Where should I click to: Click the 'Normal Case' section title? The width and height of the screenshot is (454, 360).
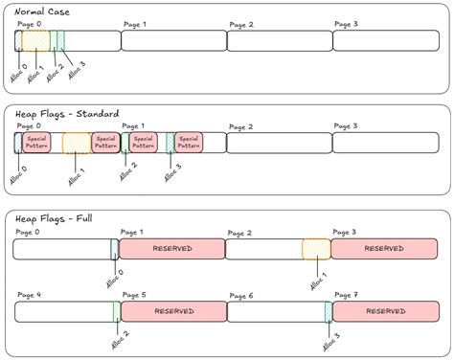pyautogui.click(x=42, y=11)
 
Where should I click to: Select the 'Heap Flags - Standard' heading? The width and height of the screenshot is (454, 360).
pyautogui.click(x=67, y=113)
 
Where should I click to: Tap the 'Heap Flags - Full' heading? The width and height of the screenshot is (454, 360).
pyautogui.click(x=57, y=217)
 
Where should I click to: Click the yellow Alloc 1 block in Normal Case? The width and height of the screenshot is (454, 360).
pyautogui.click(x=35, y=40)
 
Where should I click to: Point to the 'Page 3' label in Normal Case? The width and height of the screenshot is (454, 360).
pyautogui.click(x=346, y=23)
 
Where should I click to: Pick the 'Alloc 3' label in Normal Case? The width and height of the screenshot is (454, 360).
pyautogui.click(x=76, y=70)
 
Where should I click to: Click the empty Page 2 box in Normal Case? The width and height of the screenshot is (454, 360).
pyautogui.click(x=279, y=40)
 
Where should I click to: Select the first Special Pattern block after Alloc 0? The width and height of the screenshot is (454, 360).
pyautogui.click(x=37, y=143)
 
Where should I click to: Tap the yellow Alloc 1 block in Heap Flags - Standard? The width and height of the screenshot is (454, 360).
pyautogui.click(x=77, y=143)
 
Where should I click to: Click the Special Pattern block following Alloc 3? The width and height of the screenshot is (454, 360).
pyautogui.click(x=189, y=143)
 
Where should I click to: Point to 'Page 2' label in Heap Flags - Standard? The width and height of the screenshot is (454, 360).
pyautogui.click(x=240, y=126)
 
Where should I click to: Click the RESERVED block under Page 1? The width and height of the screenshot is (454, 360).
pyautogui.click(x=171, y=249)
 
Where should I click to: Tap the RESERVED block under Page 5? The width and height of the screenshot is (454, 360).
pyautogui.click(x=173, y=312)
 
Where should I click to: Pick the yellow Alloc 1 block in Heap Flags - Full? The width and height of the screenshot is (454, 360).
pyautogui.click(x=316, y=249)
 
